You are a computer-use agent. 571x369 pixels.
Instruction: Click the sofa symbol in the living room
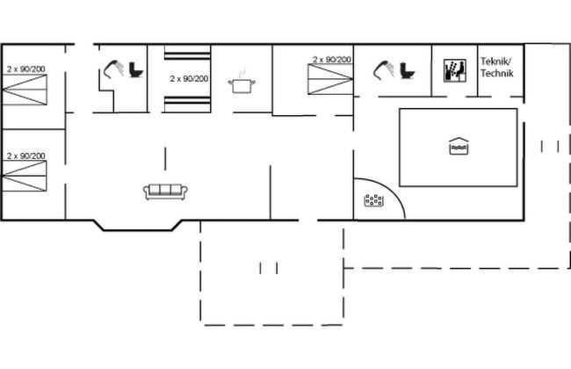[165, 192]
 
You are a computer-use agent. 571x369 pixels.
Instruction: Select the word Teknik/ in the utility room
[495, 61]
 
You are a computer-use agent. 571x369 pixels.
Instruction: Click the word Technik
[496, 73]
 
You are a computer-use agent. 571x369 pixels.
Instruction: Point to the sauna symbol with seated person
[455, 70]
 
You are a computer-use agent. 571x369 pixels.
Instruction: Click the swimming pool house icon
[459, 146]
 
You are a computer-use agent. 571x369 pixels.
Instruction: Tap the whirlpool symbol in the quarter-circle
[373, 200]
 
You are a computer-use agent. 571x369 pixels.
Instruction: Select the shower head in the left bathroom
[113, 69]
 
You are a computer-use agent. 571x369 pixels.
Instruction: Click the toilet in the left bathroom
[136, 69]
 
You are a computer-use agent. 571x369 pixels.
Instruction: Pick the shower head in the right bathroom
[384, 69]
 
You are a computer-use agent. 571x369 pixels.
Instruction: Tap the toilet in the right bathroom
[407, 70]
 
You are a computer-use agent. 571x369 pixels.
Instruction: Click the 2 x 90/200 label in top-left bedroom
[25, 69]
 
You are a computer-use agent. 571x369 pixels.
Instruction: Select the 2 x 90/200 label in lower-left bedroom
[25, 156]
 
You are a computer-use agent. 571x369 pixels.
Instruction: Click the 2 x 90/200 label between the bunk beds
[189, 79]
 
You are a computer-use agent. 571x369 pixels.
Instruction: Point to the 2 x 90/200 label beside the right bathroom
[332, 60]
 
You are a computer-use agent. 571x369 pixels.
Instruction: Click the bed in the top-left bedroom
[25, 90]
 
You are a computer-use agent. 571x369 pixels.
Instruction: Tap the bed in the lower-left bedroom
[25, 176]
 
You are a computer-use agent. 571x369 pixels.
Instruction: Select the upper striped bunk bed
[187, 53]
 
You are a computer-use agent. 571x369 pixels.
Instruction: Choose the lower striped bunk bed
[187, 105]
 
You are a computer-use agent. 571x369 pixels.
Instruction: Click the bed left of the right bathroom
[330, 79]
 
